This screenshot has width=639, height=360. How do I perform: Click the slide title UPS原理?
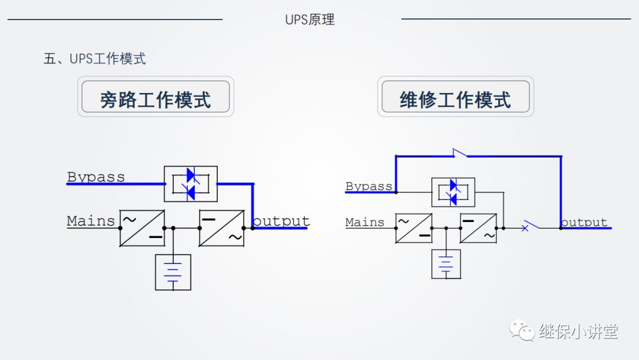point(309,20)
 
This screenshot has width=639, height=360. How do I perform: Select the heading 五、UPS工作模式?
point(95,59)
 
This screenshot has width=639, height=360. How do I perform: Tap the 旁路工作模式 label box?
point(156,97)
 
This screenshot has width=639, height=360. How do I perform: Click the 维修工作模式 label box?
point(455,97)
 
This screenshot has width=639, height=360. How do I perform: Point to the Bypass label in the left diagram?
point(96,176)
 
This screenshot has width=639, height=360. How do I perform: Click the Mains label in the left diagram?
point(91,221)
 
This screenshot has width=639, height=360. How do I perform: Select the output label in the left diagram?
point(281,221)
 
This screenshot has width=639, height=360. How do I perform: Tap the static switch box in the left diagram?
point(191,184)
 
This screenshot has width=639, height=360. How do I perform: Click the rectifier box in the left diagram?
point(142,228)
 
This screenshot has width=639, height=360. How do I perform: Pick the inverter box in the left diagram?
point(222,228)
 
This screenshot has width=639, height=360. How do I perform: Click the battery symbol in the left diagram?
point(173,272)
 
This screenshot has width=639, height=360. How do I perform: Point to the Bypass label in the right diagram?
point(369,186)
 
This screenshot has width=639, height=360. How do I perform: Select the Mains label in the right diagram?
point(364,222)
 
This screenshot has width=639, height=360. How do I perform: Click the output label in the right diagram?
point(584,222)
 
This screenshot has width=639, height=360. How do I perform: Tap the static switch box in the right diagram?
point(453,192)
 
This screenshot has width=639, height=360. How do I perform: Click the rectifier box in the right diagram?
point(414,228)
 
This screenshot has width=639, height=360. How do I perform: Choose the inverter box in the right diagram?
point(478,228)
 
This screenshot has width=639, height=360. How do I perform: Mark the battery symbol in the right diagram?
point(446,264)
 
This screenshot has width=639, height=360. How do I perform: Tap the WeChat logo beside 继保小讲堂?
point(522,330)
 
